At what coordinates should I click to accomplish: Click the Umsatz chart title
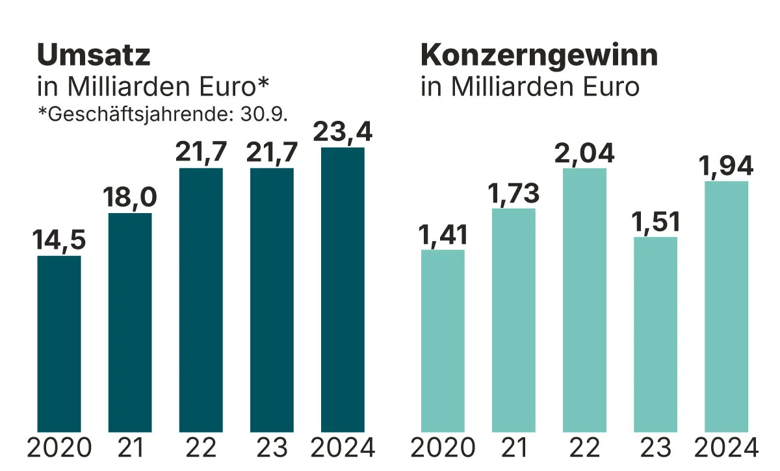(x=94, y=56)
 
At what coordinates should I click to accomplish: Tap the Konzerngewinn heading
(x=539, y=56)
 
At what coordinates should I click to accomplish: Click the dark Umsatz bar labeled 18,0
(x=130, y=322)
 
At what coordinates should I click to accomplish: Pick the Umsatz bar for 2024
(x=343, y=289)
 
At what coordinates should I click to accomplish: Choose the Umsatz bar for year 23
(x=272, y=299)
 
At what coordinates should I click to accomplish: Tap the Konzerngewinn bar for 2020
(x=443, y=340)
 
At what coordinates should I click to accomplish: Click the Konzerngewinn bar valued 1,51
(x=655, y=334)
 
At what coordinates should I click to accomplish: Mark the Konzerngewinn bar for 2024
(x=726, y=306)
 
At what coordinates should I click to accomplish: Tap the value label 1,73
(x=513, y=193)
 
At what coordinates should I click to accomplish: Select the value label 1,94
(x=726, y=166)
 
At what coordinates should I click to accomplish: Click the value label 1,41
(x=443, y=235)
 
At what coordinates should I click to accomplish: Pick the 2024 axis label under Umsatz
(x=343, y=448)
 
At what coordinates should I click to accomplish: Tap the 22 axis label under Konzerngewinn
(x=584, y=448)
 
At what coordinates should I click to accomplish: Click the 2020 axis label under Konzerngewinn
(x=443, y=448)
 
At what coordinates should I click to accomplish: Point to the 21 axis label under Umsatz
(x=130, y=448)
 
